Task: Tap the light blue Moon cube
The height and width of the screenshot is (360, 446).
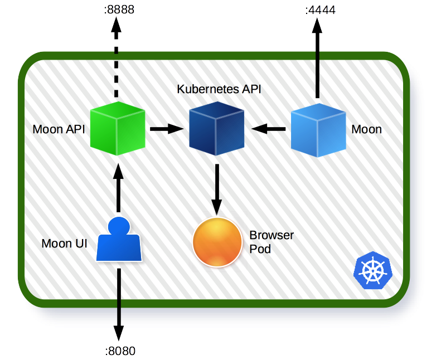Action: point(318,129)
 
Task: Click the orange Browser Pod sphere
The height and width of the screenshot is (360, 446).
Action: point(217,242)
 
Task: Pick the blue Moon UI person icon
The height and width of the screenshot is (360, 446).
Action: point(119,241)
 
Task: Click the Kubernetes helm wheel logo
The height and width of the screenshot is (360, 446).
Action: point(373,271)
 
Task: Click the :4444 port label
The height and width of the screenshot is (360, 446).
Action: point(319,10)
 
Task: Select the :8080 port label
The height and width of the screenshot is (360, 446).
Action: point(120,351)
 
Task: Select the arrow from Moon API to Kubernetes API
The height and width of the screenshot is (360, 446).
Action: point(166,129)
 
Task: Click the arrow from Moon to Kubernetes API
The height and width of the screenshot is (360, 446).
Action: point(269,129)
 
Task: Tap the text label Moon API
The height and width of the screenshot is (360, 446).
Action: point(59,130)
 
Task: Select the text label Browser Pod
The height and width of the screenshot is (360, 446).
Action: point(271,242)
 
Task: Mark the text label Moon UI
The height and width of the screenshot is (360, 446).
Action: point(64,244)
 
